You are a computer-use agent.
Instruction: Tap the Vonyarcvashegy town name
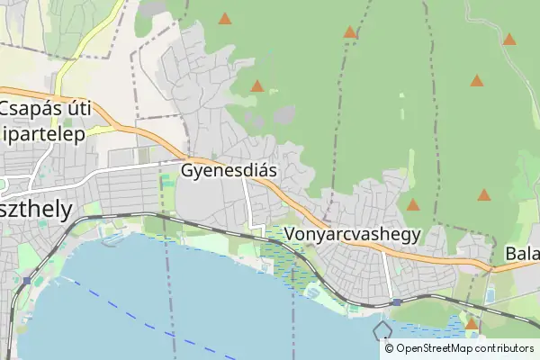(353, 234)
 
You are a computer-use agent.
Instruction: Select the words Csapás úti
(47, 109)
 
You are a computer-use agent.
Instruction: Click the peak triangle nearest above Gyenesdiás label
(257, 86)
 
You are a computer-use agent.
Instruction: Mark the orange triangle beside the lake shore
(471, 323)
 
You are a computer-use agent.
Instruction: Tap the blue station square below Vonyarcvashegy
(395, 302)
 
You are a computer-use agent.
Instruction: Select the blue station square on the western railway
(27, 281)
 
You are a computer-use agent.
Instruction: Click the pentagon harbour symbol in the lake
(383, 329)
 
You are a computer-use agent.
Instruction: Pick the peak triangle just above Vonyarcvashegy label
(413, 205)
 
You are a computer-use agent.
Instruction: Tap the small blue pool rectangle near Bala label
(490, 294)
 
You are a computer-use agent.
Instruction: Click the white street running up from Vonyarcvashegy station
(387, 274)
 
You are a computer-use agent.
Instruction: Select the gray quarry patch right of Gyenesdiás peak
(284, 115)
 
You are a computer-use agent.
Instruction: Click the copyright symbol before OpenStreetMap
(389, 348)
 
